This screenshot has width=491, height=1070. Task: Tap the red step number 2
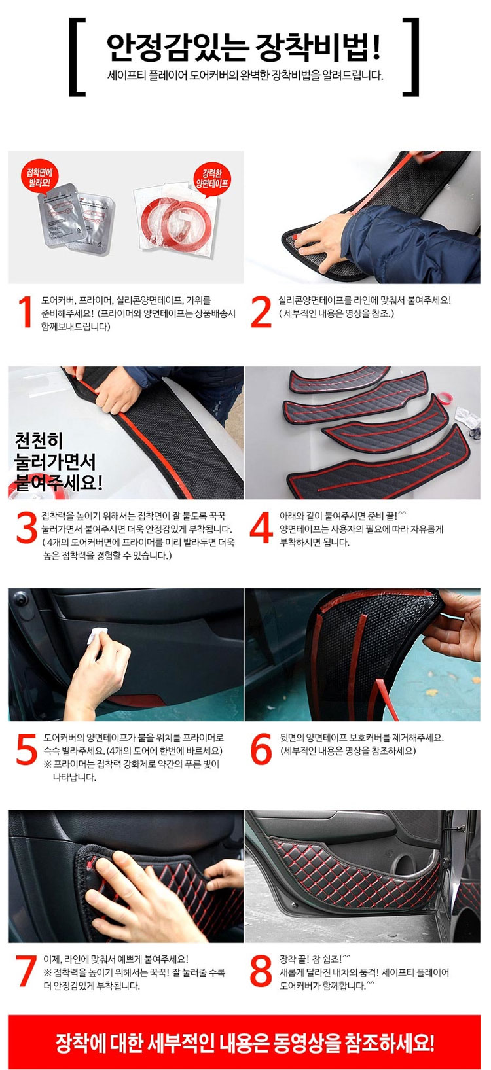pos(261,313)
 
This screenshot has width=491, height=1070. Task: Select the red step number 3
pos(27,528)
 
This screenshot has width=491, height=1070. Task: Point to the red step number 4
pos(261,528)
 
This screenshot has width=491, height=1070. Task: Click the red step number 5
pos(27,749)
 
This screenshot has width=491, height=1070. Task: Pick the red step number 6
pos(261,749)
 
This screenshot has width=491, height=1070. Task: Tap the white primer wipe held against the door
pos(97,635)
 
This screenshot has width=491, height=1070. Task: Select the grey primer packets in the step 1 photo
pos(75,217)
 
